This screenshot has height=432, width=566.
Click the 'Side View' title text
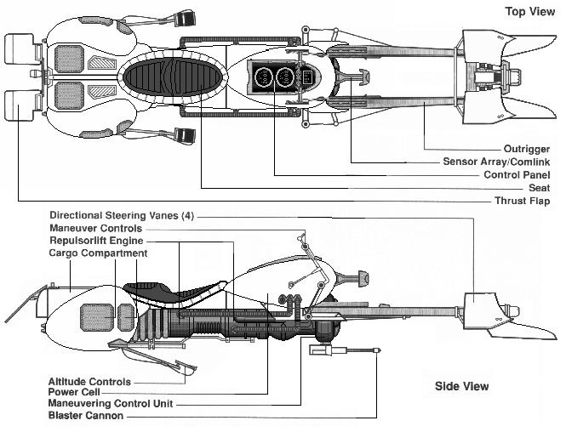[x=462, y=386]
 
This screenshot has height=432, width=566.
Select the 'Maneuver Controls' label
[x=97, y=228]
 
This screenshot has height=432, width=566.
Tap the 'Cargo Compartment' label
[x=99, y=253]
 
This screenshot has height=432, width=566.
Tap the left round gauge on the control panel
[x=263, y=77]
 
